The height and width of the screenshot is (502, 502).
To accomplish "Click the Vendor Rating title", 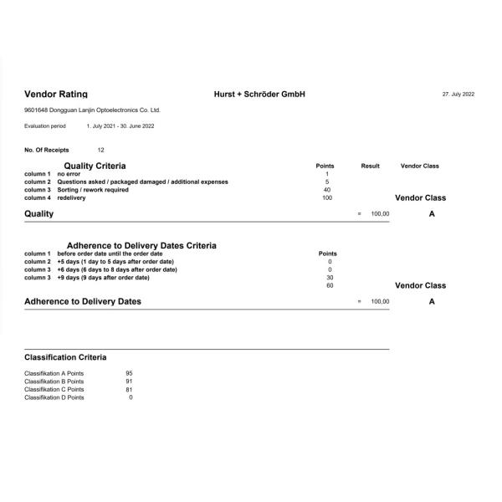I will pos(56,94).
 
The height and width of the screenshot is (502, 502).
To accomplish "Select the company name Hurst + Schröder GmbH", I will pos(259,94).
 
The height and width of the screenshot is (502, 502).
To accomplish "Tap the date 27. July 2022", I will pos(458,94).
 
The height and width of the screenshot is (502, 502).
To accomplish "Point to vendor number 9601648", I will pos(36,110).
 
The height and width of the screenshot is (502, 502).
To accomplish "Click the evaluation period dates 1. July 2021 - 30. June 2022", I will pos(120,126).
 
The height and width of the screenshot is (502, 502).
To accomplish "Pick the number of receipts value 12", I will pos(101,150).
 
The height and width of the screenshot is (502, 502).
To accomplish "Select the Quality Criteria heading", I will pos(95,166).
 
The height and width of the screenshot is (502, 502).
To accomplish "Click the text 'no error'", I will pos(71,174).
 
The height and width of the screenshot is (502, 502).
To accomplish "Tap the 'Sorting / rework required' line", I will pos(93,190).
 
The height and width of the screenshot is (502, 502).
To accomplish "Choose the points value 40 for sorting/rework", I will pos(327,190).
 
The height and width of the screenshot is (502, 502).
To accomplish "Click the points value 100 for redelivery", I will pos(327,198).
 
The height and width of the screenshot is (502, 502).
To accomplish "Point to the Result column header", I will pos(370,166).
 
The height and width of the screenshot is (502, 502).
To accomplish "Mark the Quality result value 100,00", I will pos(380,214).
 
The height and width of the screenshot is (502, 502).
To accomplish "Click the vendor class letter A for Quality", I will pos(432,214).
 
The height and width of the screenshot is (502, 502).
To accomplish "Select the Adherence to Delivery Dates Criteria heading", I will pos(141,245).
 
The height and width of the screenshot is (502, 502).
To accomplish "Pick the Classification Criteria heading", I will pos(65,357).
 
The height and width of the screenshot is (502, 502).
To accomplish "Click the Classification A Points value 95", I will pos(129,373).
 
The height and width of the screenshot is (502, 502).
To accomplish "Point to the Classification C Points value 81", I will pos(129,389).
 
